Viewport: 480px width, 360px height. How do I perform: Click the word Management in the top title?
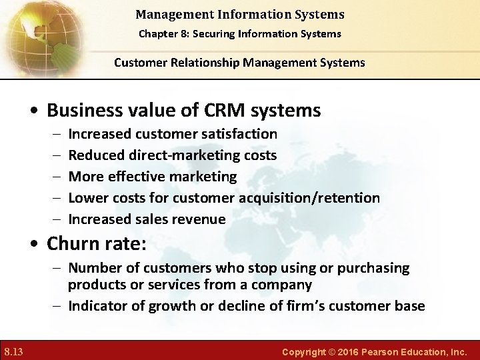pyautogui.click(x=167, y=14)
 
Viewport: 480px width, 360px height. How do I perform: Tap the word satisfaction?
pyautogui.click(x=242, y=134)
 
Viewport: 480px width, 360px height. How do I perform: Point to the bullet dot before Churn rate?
pyautogui.click(x=37, y=244)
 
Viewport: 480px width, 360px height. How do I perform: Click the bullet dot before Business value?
pyautogui.click(x=37, y=111)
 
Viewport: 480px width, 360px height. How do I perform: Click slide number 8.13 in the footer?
pyautogui.click(x=13, y=350)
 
